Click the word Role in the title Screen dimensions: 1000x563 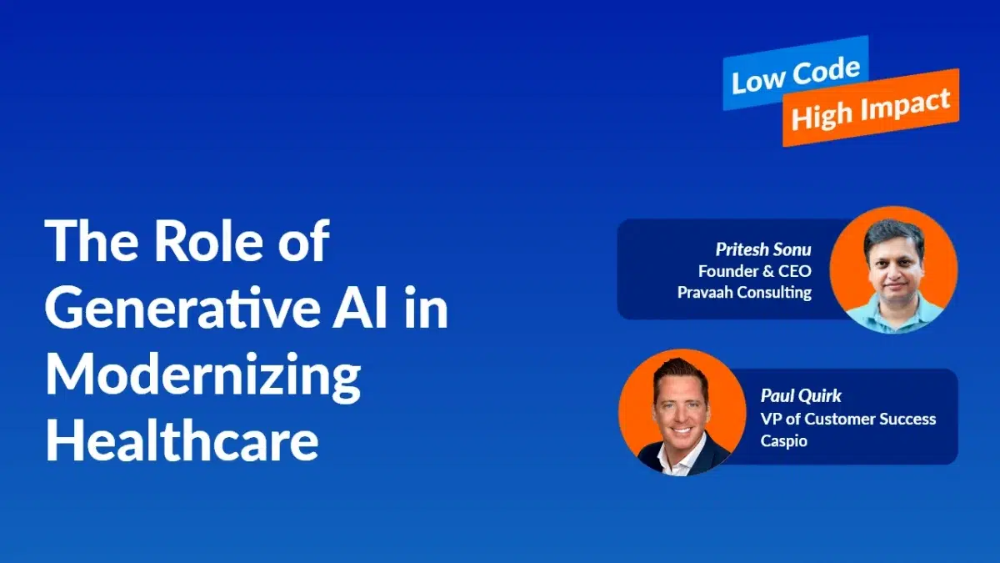pos(209,240)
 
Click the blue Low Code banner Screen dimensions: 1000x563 pos(796,73)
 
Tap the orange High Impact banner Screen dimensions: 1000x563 pos(871,108)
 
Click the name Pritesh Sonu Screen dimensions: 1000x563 pos(763,249)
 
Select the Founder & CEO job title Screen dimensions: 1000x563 pos(755,271)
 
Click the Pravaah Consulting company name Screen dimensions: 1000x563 pos(744,292)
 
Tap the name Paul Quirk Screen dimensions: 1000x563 pos(801,395)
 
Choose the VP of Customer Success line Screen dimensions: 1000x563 pos(848,419)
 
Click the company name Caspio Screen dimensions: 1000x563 pos(784,441)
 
